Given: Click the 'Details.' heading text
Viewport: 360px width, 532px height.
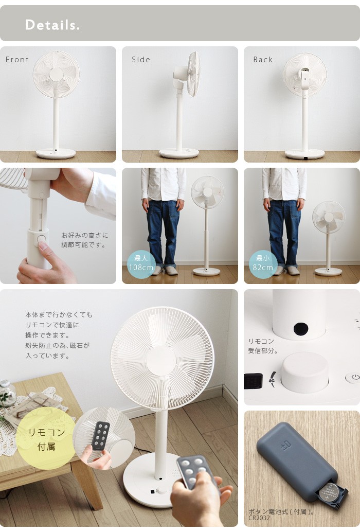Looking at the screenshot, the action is click(52, 25).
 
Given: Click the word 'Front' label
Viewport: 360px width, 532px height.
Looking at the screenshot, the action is click(17, 60).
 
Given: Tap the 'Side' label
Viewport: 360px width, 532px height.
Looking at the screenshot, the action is click(141, 60).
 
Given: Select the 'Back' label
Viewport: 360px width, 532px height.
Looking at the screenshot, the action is click(263, 60).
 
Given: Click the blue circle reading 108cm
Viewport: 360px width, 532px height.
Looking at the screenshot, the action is click(141, 263).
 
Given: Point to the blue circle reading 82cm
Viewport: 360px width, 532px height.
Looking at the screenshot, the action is click(263, 263).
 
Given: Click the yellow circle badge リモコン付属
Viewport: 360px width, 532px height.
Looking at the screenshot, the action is click(46, 439).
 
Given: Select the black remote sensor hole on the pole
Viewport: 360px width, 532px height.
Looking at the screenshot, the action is click(301, 328).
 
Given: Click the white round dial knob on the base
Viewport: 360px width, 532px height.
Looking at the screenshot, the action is click(305, 372).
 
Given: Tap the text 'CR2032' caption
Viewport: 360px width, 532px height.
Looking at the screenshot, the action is click(259, 518).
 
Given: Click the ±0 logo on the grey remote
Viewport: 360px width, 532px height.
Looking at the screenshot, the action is click(286, 444).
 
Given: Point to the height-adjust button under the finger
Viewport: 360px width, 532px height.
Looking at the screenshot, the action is click(41, 239).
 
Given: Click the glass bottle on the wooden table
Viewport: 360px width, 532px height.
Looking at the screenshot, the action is click(7, 393).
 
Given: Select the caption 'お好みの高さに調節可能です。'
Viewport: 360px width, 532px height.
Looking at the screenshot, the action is click(84, 240).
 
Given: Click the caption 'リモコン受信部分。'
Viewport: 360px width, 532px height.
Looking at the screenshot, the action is click(263, 346).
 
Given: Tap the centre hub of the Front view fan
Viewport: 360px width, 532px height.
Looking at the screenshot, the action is click(56, 75).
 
